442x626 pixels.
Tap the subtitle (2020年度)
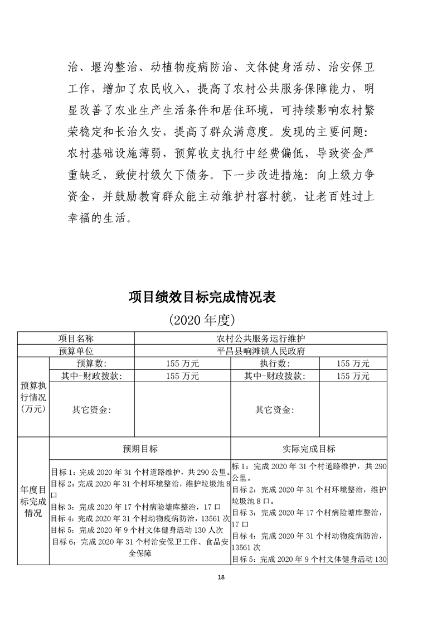click(x=203, y=320)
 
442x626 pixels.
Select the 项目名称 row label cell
click(x=76, y=339)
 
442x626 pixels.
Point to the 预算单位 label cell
click(x=76, y=351)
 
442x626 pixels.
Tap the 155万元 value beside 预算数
click(x=182, y=363)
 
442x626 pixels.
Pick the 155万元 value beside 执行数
click(x=353, y=363)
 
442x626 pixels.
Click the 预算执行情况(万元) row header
click(x=33, y=397)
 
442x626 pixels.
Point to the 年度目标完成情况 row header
click(x=33, y=501)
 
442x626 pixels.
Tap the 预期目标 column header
click(x=140, y=449)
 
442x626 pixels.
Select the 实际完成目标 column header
click(x=309, y=449)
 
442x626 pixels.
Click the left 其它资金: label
click(x=92, y=410)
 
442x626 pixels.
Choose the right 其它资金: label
click(x=274, y=410)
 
